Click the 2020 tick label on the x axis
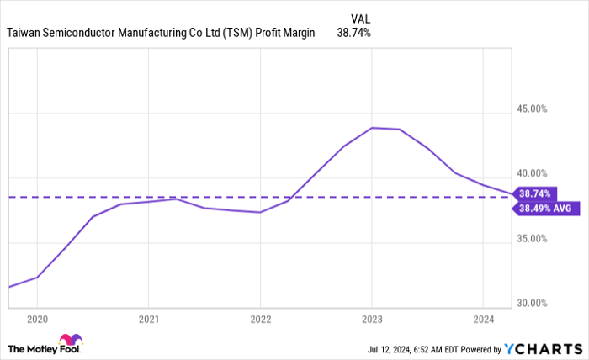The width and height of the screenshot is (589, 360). pos(37,320)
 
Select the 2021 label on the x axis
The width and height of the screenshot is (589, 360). pos(148,320)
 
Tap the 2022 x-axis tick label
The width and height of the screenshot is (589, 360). pos(260,320)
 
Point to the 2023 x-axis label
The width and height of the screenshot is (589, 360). pos(371,320)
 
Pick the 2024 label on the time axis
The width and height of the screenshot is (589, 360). pos(482,320)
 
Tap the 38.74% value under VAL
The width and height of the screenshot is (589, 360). pos(353,33)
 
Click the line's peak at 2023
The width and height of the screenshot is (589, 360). pos(372,128)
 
